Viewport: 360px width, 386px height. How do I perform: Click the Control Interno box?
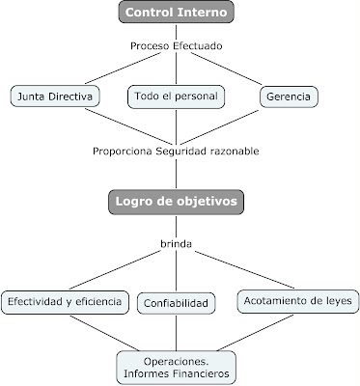pos(176,14)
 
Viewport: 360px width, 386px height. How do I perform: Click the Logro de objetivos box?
pos(176,201)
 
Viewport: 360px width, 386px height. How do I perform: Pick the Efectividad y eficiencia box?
pos(64,302)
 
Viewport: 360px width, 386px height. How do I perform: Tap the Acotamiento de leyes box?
pos(298,302)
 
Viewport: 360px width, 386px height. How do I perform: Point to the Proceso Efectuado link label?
pos(176,45)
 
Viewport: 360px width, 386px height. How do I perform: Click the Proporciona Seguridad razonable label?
pos(176,151)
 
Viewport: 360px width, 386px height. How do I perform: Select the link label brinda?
pos(176,245)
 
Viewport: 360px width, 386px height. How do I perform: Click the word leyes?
pos(338,302)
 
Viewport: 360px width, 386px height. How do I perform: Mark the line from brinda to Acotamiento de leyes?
pos(241,270)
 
